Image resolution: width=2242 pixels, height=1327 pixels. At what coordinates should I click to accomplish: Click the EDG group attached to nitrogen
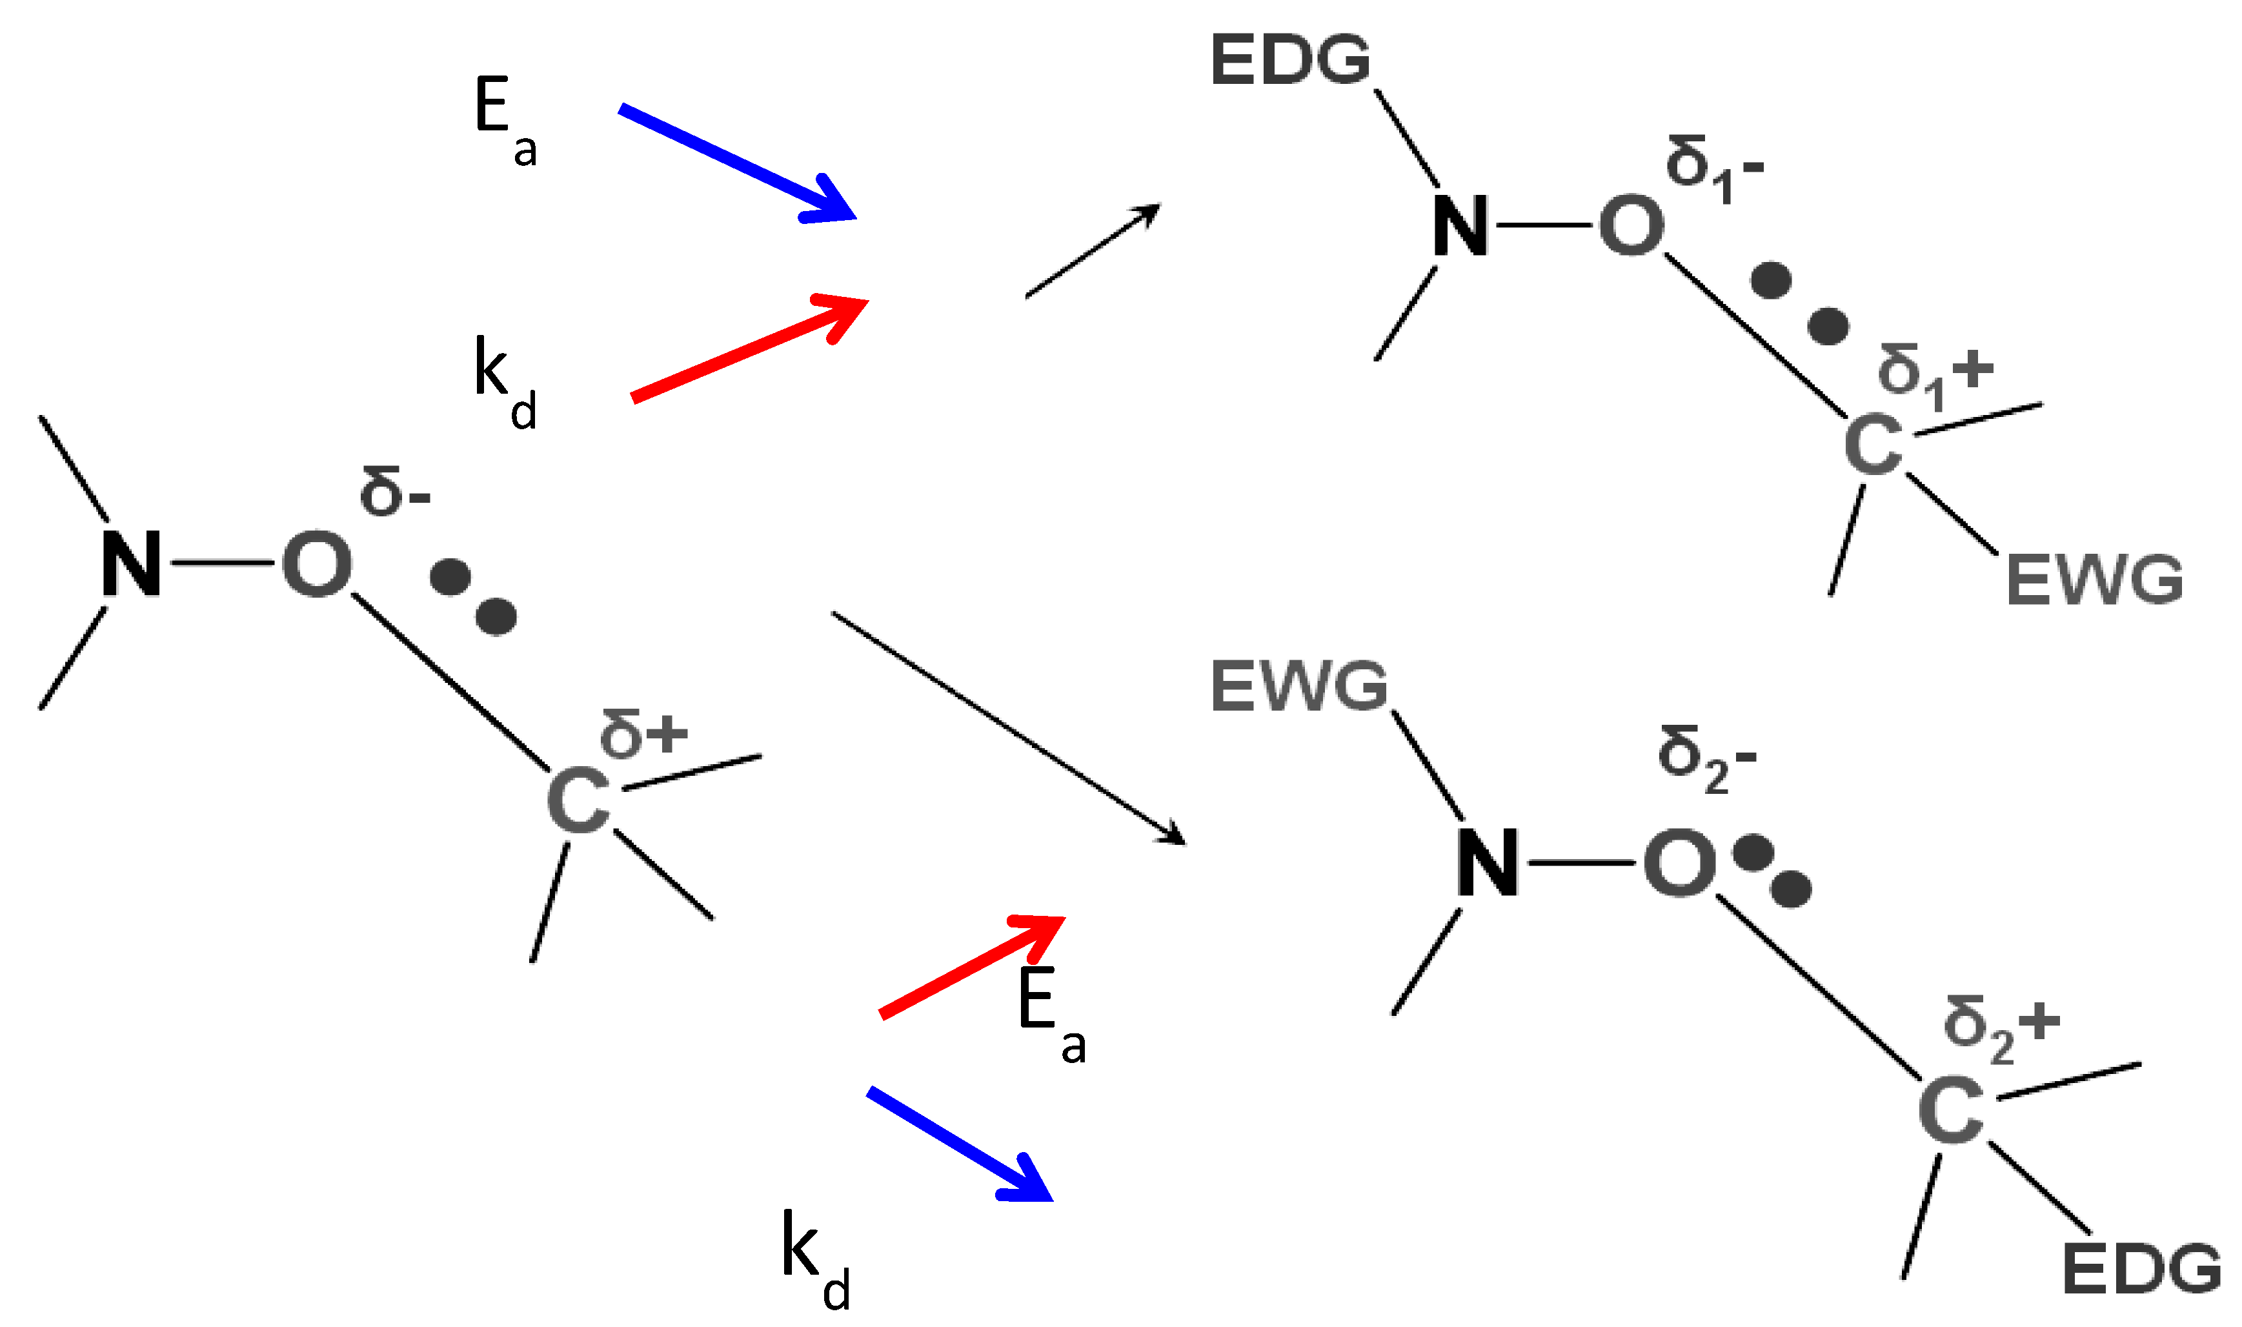click(1290, 61)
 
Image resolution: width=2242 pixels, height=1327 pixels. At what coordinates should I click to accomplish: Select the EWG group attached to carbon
click(2094, 580)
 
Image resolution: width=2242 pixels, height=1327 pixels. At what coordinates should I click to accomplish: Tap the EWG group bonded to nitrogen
click(1299, 687)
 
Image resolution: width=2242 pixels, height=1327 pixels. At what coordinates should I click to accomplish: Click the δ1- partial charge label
click(1713, 168)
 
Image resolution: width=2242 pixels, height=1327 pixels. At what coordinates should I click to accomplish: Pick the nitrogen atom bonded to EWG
click(1487, 862)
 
